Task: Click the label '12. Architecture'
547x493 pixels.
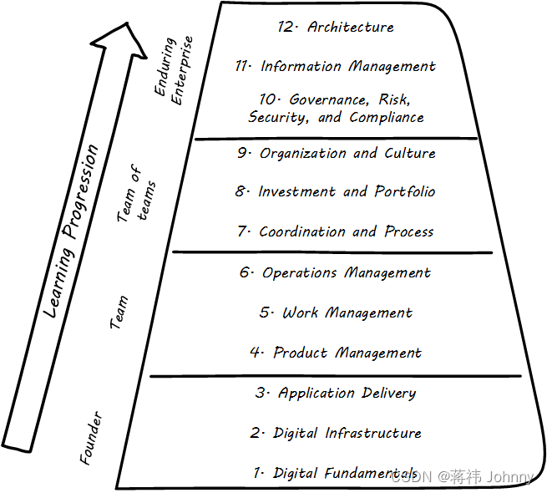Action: click(336, 27)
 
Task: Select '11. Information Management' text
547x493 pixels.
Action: click(336, 66)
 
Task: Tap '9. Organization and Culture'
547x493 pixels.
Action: click(336, 153)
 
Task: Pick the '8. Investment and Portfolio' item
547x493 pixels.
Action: click(336, 191)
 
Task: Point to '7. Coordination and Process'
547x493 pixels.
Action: click(336, 231)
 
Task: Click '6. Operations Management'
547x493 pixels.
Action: click(336, 272)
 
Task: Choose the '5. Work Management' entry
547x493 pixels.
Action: click(336, 313)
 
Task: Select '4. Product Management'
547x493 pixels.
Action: click(336, 353)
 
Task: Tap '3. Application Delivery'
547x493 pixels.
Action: click(336, 393)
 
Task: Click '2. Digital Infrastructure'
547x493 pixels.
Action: click(336, 433)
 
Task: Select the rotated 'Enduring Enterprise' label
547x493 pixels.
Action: click(176, 70)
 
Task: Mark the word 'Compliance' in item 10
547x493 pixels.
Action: click(387, 118)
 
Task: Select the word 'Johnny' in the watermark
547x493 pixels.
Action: click(510, 477)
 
